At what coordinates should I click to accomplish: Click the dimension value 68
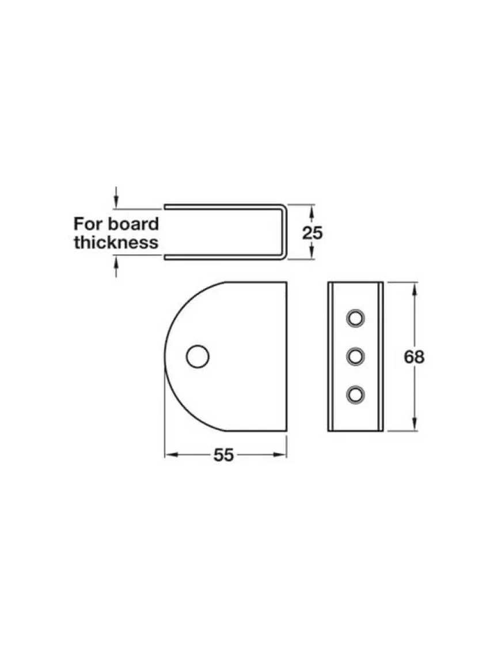[414, 357]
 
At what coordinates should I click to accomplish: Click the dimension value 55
[224, 455]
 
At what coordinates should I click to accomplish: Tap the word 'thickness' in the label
[116, 242]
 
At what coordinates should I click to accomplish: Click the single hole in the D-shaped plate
[197, 356]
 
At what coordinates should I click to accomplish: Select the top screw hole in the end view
[355, 318]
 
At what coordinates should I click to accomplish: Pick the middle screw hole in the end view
[355, 356]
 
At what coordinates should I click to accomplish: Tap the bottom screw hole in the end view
[355, 394]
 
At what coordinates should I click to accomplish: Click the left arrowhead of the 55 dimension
[169, 454]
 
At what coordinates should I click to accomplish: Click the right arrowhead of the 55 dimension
[283, 454]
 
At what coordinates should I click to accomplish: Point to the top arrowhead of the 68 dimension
[414, 287]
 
